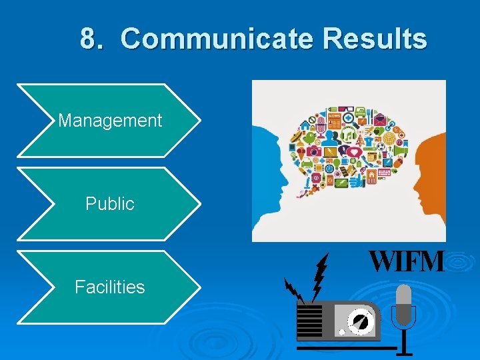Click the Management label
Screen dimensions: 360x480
110,121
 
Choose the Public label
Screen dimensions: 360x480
110,204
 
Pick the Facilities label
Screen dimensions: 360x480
110,287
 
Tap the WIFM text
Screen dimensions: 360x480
406,261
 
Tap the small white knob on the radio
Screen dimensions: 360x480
342,331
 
